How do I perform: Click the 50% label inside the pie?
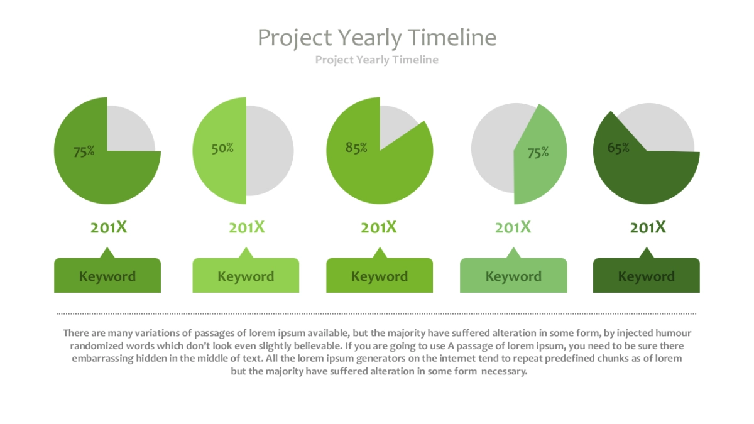coord(222,148)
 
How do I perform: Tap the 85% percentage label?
coord(356,148)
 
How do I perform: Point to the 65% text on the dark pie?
coord(618,148)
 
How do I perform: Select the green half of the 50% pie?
coord(219,150)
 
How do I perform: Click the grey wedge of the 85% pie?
coord(395,124)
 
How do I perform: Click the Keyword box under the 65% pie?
coord(647,275)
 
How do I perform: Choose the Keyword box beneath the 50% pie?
coord(246,275)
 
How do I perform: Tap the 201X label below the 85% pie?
coord(379,227)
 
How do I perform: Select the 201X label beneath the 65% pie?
coord(648,227)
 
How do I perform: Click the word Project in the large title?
coord(295,38)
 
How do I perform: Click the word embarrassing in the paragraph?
coord(102,359)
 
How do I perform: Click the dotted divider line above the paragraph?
coord(376,313)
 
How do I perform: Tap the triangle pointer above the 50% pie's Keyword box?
coord(246,253)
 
